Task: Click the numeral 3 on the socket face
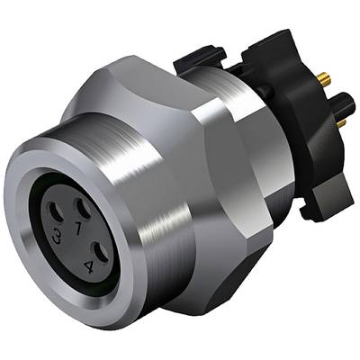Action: pyautogui.click(x=57, y=237)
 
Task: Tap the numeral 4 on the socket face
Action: pyautogui.click(x=89, y=266)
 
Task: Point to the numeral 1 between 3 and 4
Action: pyautogui.click(x=77, y=229)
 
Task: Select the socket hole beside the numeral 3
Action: pyautogui.click(x=56, y=214)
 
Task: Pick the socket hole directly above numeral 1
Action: pyautogui.click(x=84, y=209)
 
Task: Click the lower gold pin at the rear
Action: pyautogui.click(x=341, y=123)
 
